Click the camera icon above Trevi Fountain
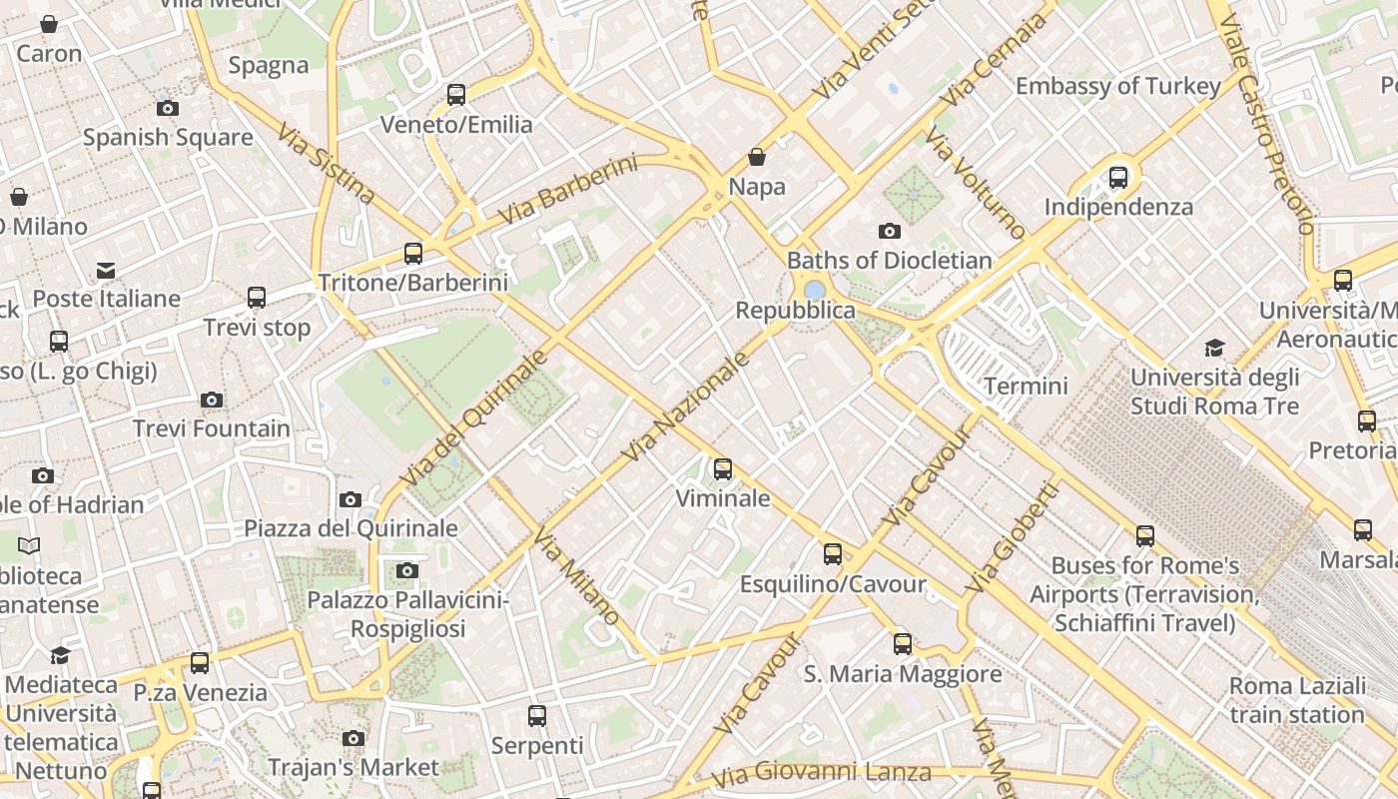211,400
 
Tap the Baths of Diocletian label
890,261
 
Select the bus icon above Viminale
723,468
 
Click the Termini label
1026,386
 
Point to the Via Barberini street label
566,189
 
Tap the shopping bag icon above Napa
757,157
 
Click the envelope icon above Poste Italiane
106,270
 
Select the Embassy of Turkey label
1118,86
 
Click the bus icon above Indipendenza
1118,178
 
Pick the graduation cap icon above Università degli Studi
1214,348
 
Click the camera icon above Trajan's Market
352,738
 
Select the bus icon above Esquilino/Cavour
833,554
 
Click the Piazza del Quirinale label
350,528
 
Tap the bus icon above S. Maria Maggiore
903,644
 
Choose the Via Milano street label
577,576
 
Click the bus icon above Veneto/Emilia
456,95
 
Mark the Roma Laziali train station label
1297,700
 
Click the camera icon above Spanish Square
168,108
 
